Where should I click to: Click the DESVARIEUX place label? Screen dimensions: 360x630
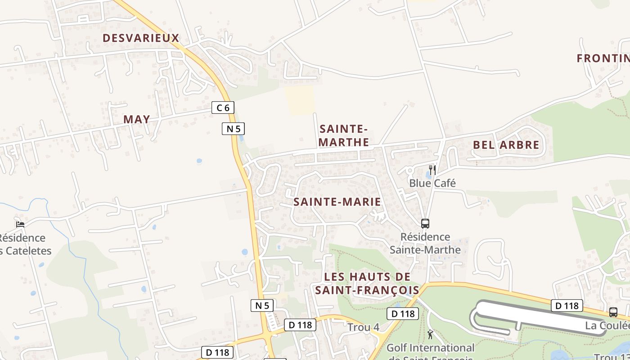coord(141,38)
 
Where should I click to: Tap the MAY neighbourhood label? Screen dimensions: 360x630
coord(136,119)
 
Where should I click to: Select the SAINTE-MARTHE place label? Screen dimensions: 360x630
coord(344,136)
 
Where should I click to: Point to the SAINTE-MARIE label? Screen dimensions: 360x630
coord(337,202)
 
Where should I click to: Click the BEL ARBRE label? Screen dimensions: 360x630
coord(506,145)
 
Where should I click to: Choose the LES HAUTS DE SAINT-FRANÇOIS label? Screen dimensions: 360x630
coord(367,283)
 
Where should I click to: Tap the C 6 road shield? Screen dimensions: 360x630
coord(223,108)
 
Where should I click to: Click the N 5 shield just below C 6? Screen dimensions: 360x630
coord(233,129)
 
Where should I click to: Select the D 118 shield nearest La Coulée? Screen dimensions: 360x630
coord(567,306)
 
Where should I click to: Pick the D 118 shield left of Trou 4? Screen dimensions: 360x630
coord(300,325)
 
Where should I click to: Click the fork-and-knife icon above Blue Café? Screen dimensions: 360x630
coord(432,170)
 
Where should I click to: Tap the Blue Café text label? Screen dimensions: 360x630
coord(432,183)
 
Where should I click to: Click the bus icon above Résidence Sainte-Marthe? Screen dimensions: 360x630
coord(425,223)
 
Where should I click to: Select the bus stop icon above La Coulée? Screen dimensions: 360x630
coord(613,312)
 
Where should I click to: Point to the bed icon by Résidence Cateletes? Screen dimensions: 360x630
coord(20,224)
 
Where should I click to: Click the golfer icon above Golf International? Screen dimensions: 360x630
coord(430,334)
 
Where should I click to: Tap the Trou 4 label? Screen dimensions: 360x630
coord(363,327)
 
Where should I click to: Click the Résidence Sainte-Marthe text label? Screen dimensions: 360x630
coord(425,243)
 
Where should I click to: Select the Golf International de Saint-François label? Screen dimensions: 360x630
coord(430,351)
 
